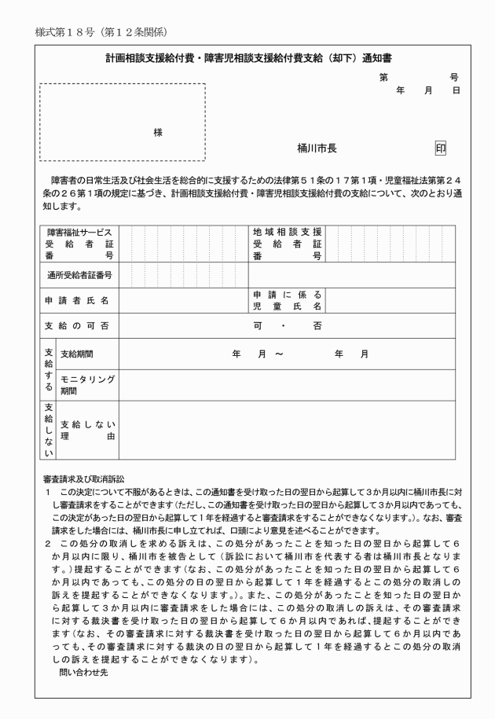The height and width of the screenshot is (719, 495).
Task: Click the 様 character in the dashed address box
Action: click(x=158, y=132)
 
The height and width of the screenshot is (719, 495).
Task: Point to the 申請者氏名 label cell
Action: click(x=76, y=300)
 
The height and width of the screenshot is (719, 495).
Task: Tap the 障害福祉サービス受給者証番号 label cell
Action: click(x=79, y=244)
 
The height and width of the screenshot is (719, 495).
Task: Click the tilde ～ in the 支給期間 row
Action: click(x=279, y=354)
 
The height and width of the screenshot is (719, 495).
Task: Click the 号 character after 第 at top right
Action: click(x=454, y=78)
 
